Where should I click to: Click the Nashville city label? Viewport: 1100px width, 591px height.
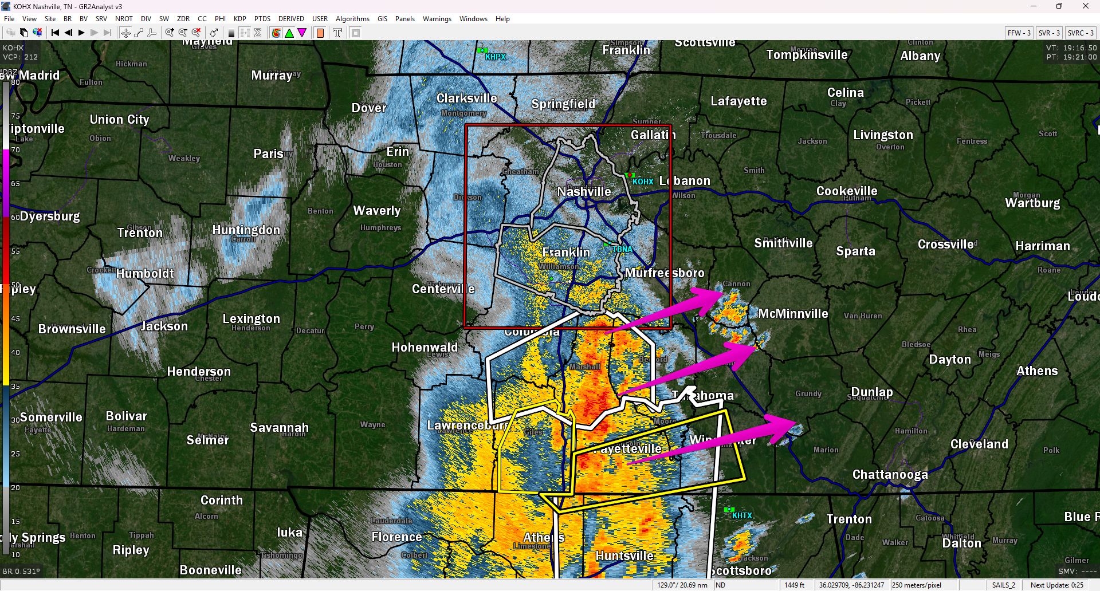[584, 191]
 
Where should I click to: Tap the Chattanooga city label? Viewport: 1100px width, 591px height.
[890, 474]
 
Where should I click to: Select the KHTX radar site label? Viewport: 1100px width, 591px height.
[741, 515]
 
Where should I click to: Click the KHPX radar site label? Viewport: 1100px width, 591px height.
[495, 57]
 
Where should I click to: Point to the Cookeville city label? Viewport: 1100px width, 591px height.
[846, 191]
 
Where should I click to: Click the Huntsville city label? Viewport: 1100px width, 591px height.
[624, 555]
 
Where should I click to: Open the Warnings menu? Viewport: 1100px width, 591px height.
[437, 19]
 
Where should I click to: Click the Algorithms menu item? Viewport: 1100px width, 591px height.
[352, 19]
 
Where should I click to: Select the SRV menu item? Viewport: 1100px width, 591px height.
[101, 19]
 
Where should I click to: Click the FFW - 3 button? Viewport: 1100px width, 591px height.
[1019, 33]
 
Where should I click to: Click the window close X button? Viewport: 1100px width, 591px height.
[1085, 6]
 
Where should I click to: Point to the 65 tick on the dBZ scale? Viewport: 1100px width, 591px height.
[15, 184]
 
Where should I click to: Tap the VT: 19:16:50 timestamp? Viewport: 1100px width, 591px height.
[1071, 48]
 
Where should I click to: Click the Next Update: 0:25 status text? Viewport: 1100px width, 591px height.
[1056, 585]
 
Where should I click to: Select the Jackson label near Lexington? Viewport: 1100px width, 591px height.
[164, 326]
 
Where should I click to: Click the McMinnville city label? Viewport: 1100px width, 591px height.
[793, 313]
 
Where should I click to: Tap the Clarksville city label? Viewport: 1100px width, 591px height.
[466, 98]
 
